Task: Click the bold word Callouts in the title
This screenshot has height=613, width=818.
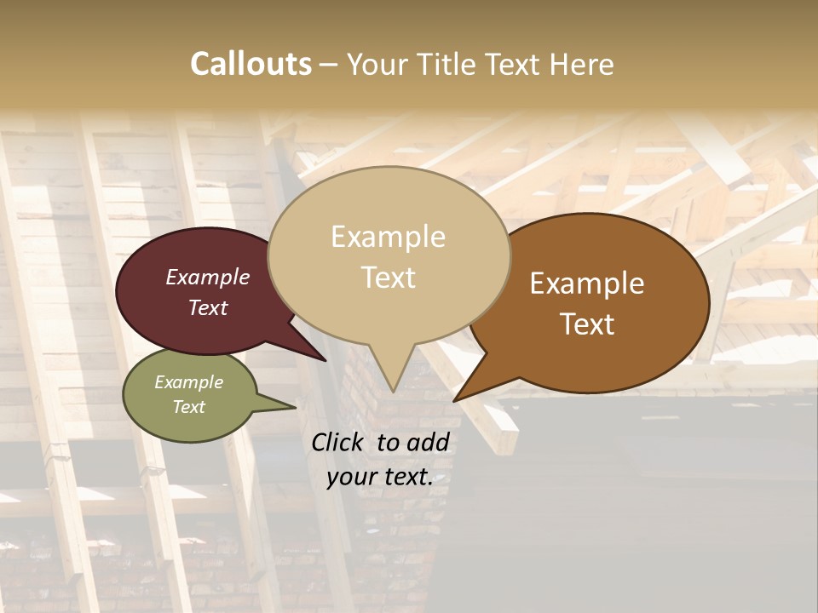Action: tap(251, 64)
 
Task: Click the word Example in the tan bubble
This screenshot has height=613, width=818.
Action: tap(388, 237)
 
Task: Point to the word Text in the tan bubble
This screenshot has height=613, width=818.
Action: tap(388, 278)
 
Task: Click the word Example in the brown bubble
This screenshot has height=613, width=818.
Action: tap(587, 284)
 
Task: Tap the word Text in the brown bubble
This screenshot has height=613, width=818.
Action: tap(587, 324)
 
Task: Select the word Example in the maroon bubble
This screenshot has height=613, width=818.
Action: tap(207, 277)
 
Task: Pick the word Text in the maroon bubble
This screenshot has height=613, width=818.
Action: tap(207, 307)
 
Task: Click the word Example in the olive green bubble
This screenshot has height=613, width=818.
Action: tap(188, 382)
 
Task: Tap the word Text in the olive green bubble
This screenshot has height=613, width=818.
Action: tap(188, 407)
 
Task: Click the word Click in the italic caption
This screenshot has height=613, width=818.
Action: tap(339, 442)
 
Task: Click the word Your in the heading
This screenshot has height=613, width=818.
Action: tap(377, 64)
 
